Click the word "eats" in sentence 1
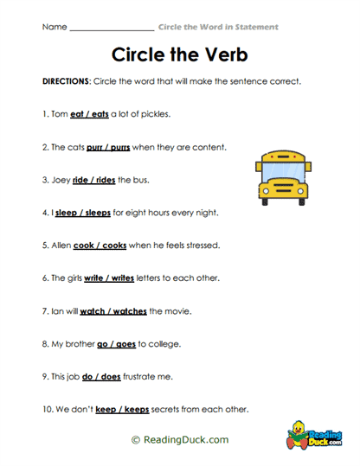coord(109,114)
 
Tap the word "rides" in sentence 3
coord(102,180)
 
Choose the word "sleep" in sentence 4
coord(66,213)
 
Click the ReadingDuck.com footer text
coord(180,439)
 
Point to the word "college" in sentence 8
coord(164,344)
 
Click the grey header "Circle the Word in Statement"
coord(218,28)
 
